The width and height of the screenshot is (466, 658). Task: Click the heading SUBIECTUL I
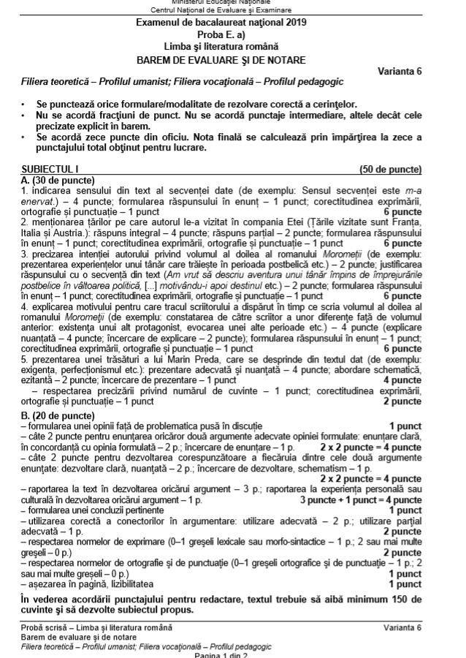coord(45,169)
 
